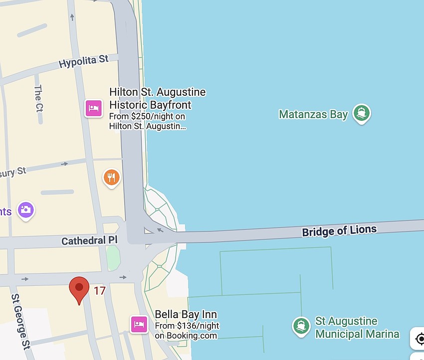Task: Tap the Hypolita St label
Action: (x=83, y=62)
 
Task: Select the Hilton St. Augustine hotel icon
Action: (x=93, y=107)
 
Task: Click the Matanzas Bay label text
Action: (x=313, y=114)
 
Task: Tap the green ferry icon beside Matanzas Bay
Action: (x=361, y=113)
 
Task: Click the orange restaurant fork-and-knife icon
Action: (x=112, y=177)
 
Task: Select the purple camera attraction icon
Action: (x=25, y=210)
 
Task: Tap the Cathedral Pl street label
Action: (x=83, y=241)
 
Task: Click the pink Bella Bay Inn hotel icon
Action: (x=139, y=324)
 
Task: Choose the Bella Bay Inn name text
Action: (x=186, y=315)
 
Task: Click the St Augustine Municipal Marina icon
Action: (x=301, y=326)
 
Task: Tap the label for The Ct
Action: (x=38, y=98)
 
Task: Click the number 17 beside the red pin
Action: (x=100, y=290)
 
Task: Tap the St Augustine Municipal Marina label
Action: (x=357, y=328)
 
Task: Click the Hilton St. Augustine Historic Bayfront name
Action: (x=157, y=98)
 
